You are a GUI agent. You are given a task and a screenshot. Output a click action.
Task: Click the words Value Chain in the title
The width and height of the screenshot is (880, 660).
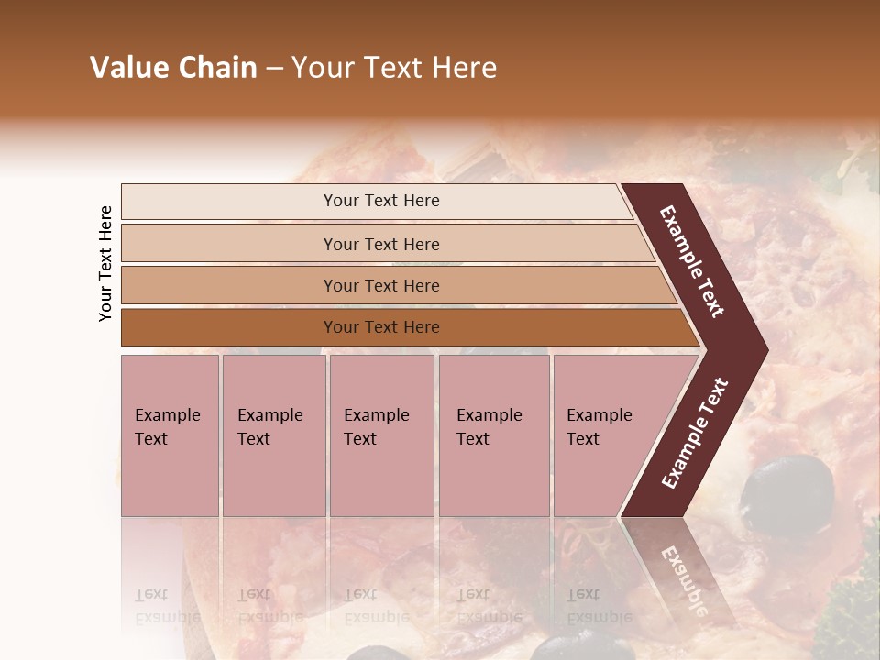(173, 68)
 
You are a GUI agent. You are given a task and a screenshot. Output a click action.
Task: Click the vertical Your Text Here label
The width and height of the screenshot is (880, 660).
(105, 263)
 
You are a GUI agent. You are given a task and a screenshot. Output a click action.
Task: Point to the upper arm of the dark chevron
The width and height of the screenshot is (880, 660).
(693, 261)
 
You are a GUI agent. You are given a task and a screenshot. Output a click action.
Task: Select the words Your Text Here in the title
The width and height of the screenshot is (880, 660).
(394, 68)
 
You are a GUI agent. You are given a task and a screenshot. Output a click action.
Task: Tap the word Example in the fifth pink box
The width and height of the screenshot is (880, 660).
(599, 414)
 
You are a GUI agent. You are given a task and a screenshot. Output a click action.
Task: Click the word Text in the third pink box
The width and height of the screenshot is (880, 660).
(360, 438)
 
